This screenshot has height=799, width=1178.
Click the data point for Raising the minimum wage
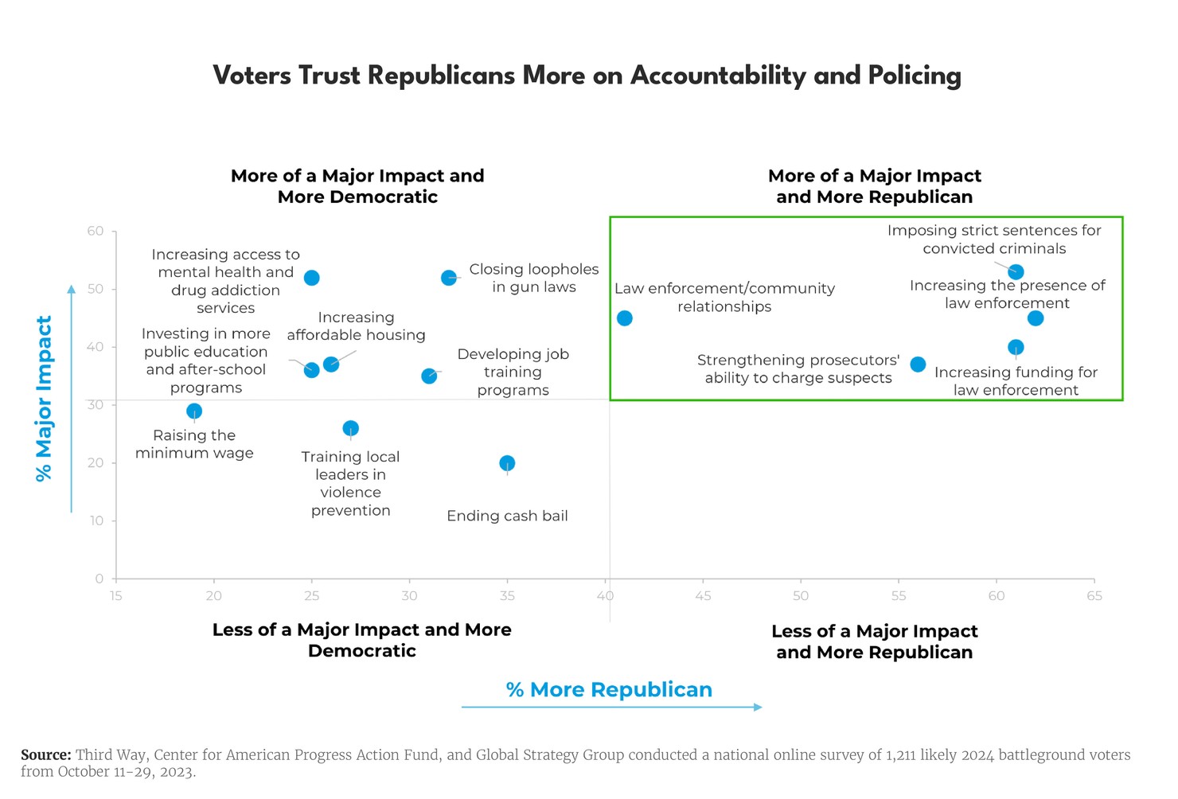[194, 411]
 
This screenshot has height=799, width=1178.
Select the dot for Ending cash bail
[507, 463]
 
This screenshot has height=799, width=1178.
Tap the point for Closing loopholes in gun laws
[449, 278]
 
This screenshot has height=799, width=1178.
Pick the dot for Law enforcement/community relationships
[625, 318]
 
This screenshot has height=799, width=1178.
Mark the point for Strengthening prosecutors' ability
[918, 364]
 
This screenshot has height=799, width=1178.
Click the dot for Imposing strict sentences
[1016, 272]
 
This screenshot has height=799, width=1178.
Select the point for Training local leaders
[350, 428]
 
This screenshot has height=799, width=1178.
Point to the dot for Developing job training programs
[429, 376]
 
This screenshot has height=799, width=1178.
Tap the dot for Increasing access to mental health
[312, 278]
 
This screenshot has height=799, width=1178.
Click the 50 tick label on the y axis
[96, 289]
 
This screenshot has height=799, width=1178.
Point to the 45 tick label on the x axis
[703, 596]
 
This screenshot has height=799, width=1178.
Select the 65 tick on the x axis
[1094, 596]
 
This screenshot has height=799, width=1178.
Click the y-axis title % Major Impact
[45, 398]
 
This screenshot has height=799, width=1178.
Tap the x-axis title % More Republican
[609, 690]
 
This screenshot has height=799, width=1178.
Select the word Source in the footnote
[45, 755]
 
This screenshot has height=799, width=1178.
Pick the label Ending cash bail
[507, 516]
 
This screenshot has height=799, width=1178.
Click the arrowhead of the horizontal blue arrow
[759, 707]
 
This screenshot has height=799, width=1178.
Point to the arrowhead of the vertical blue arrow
[72, 290]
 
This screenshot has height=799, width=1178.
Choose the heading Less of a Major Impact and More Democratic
[362, 640]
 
